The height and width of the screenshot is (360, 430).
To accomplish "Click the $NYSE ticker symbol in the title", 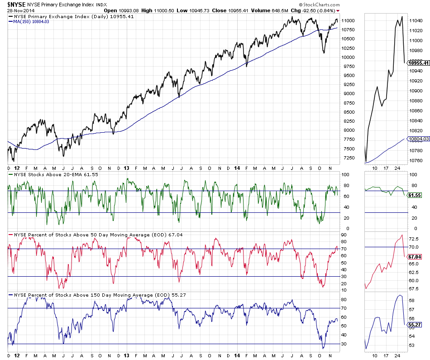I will point(15,4).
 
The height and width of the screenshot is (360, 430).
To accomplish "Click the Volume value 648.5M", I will point(276,10).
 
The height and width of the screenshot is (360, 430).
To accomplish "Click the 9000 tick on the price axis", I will point(349,94).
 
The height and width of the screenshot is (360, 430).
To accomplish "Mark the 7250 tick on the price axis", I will point(349,158).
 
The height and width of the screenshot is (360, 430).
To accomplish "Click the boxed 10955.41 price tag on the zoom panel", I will point(419,63).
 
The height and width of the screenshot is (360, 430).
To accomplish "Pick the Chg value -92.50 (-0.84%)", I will point(313,10).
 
